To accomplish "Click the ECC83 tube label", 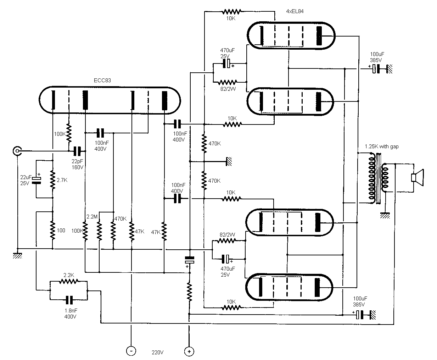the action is pos(102,81).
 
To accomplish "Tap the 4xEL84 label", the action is pos(295,11).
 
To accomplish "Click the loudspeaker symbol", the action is pos(417,177).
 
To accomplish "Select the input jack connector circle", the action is pos(17,151).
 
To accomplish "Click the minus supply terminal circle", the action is pos(131,351).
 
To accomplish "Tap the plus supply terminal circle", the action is pos(189,351).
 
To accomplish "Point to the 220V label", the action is pos(157,352).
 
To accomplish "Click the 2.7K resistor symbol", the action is pos(52,180).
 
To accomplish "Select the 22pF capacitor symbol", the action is pos(77,151).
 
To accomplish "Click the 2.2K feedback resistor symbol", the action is pos(69,281).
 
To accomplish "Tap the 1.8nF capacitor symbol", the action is pos(69,300).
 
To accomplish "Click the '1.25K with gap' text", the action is pos(381,146).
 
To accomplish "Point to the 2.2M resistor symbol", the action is pos(99,231).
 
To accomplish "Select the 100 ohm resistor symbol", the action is pos(52,230).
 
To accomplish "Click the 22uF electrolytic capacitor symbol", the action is pos(36,180).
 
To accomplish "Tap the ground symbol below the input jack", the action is pos(17,255).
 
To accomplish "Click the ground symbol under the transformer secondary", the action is pos(385,215).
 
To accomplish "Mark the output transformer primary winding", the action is pos(372,178).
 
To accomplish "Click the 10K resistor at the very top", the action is pos(231,12).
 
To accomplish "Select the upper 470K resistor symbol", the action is pos(204,143).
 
